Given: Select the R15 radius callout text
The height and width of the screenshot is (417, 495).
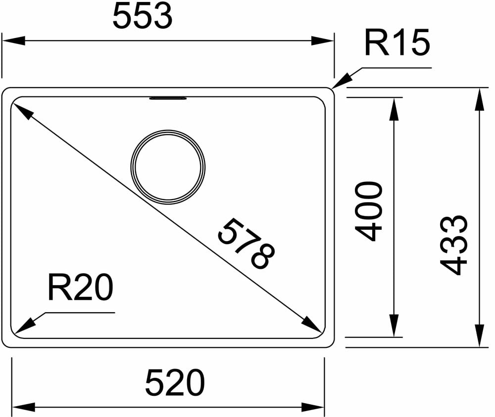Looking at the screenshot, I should coord(396,43).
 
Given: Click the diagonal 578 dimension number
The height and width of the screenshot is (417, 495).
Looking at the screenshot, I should coord(246,244).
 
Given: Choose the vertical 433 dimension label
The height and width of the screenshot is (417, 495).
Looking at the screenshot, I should coord(454,245).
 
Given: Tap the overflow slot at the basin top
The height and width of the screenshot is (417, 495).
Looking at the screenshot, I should coord(168,98).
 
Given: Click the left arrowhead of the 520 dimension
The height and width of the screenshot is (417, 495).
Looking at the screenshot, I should coord(23,407).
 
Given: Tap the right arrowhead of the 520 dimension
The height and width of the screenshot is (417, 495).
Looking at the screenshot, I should coord(313,407).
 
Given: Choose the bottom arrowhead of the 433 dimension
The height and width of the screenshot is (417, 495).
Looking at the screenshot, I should coord(479,336).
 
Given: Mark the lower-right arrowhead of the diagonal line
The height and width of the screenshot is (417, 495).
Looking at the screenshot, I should coord(311,324).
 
